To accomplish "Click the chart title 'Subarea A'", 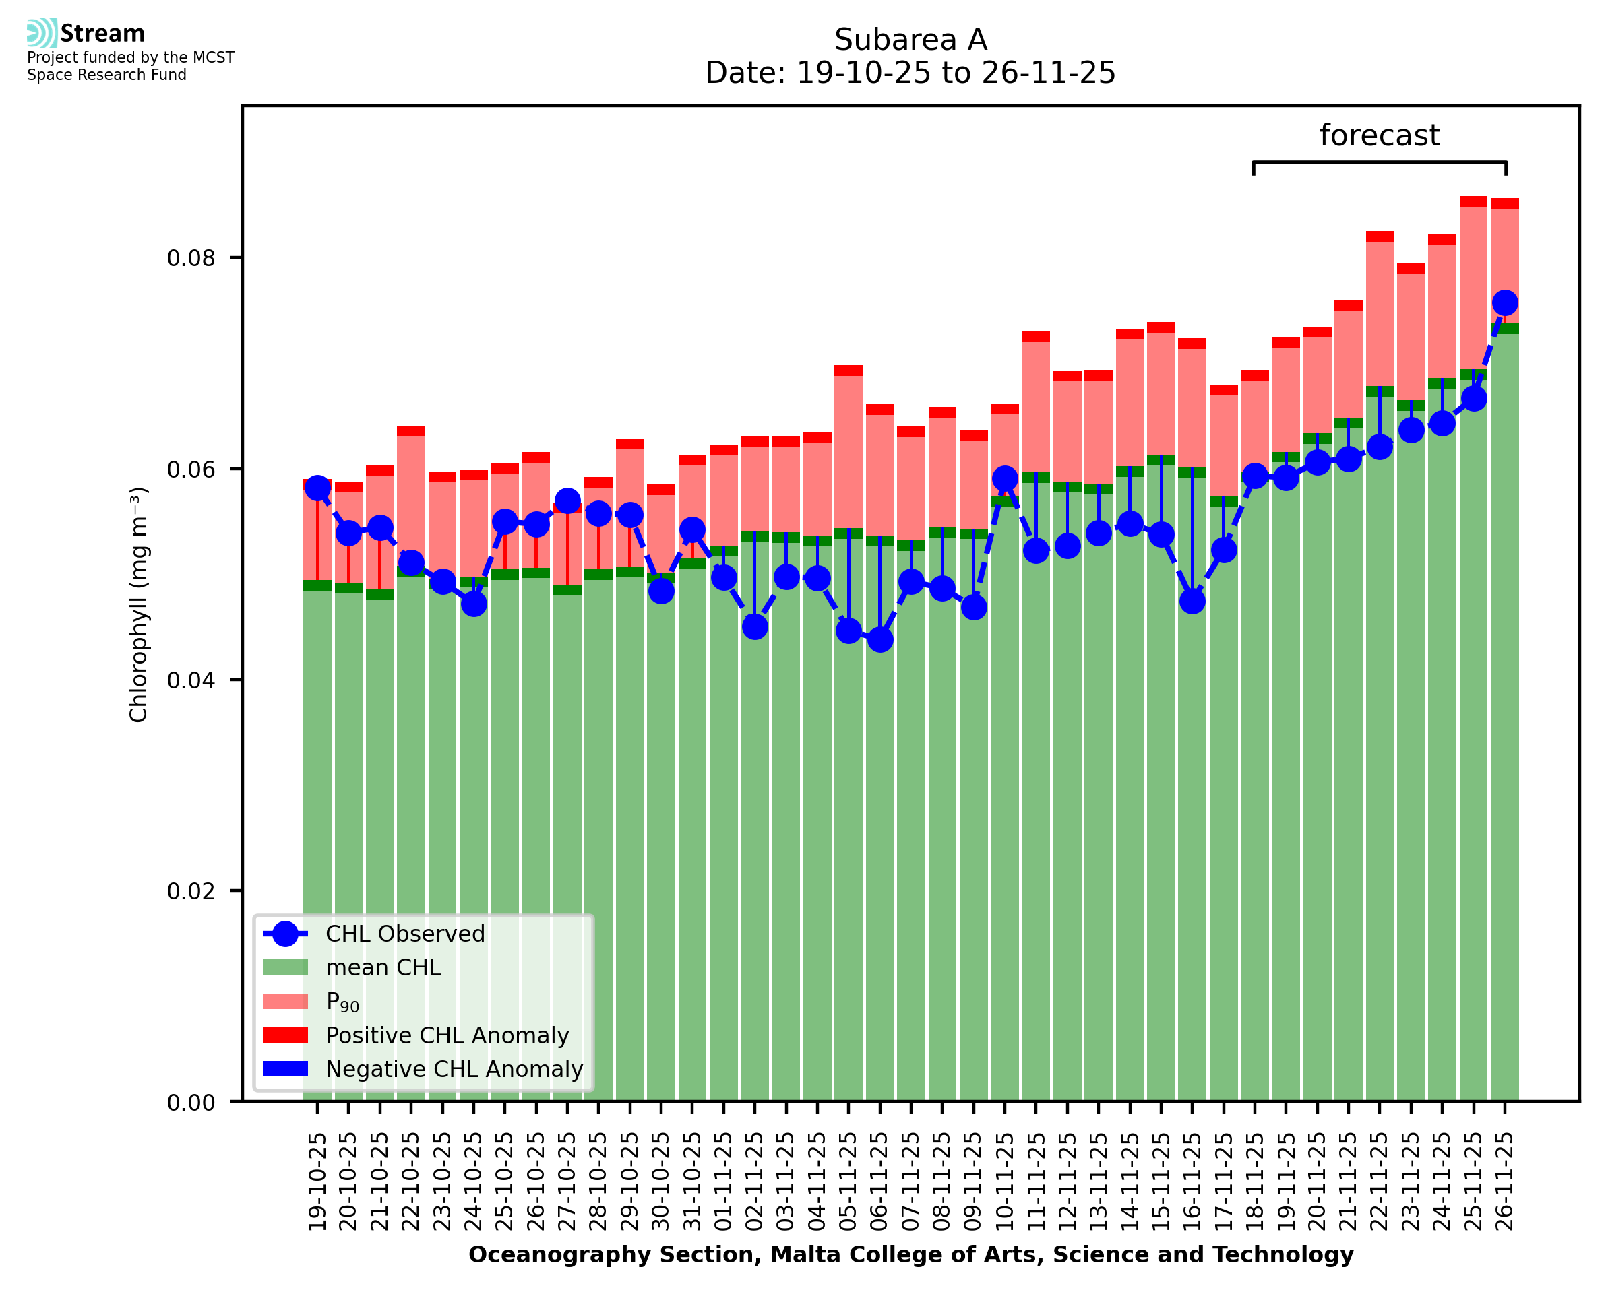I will click(x=910, y=40).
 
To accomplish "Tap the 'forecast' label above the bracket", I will click(x=1380, y=135).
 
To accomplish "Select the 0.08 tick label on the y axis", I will click(x=191, y=258).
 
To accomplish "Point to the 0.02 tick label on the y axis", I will click(x=191, y=891).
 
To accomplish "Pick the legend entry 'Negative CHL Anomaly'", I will click(x=454, y=1069).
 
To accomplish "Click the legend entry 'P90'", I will click(x=342, y=1002).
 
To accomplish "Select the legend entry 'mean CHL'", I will click(x=383, y=967).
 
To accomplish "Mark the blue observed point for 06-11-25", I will click(x=879, y=639).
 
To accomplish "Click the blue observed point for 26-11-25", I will click(x=1505, y=302).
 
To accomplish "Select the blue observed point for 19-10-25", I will click(x=317, y=488).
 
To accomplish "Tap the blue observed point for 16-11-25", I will click(x=1192, y=601).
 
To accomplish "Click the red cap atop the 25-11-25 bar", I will click(x=1473, y=201).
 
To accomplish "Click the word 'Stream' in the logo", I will click(x=102, y=34).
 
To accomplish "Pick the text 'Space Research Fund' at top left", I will click(x=106, y=75).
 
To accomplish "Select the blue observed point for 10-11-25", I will click(x=1004, y=478).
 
